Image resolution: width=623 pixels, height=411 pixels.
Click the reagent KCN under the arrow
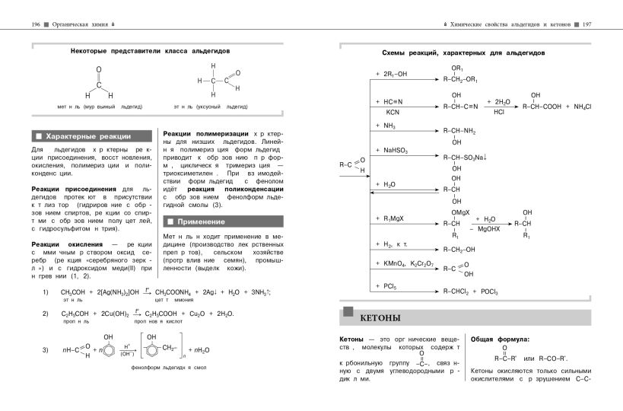[382, 111]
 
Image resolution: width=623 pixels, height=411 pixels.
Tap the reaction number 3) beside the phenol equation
[46, 349]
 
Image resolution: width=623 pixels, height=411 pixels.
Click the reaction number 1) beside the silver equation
[46, 292]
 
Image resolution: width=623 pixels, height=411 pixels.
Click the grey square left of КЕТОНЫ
[349, 311]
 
